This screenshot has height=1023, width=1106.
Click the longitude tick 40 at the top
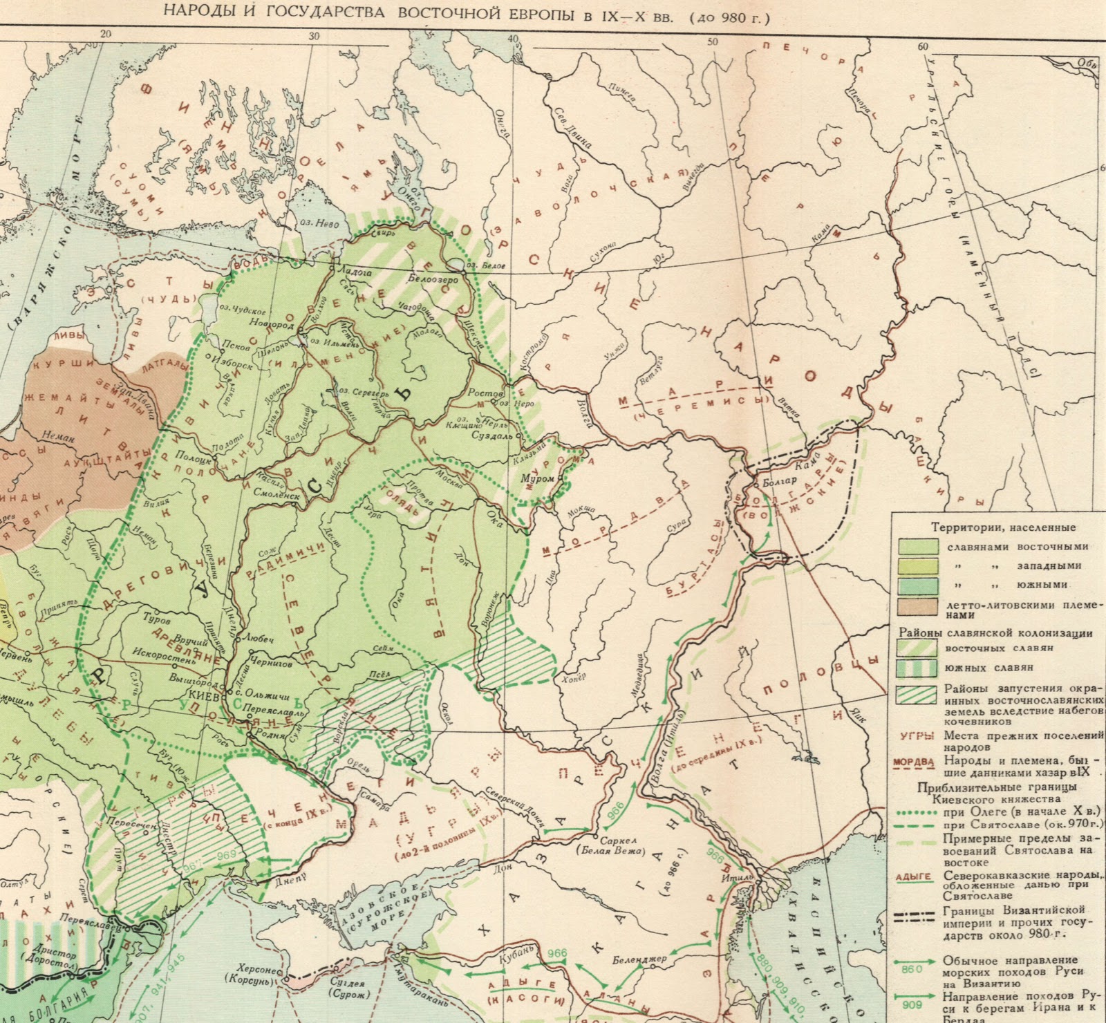512,40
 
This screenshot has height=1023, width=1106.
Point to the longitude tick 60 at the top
921,46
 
